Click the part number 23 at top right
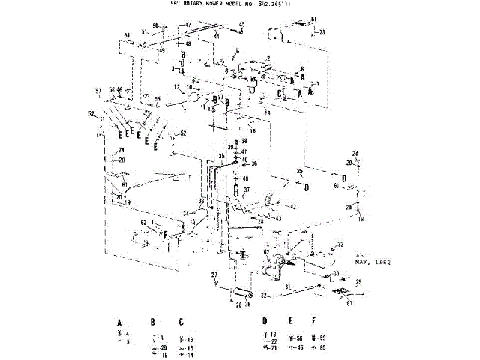(x=322, y=32)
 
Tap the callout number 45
(x=242, y=25)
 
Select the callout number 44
(x=216, y=36)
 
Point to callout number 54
(x=127, y=35)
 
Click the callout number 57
(x=97, y=91)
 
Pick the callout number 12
(x=177, y=86)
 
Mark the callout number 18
(x=266, y=112)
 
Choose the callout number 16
(x=253, y=130)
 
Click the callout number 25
(x=299, y=172)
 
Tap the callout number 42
(x=294, y=207)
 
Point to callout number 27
(x=213, y=274)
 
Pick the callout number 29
(x=358, y=281)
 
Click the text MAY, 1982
(x=372, y=263)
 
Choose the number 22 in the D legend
(x=274, y=341)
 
